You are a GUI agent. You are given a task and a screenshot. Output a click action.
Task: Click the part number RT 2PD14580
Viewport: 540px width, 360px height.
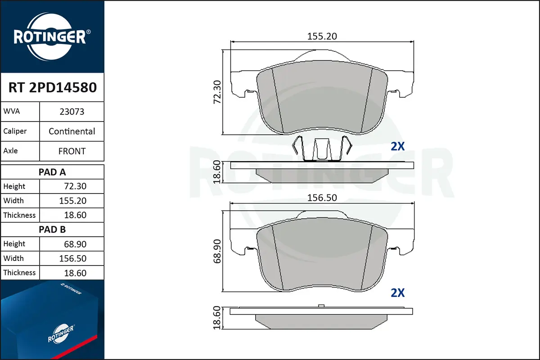click(x=53, y=87)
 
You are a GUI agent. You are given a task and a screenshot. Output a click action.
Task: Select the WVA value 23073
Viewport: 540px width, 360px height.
click(x=72, y=112)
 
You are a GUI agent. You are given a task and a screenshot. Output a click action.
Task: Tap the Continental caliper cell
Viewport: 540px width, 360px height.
click(x=72, y=131)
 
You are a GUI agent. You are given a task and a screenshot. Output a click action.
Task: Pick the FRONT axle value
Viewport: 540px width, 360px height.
click(x=72, y=151)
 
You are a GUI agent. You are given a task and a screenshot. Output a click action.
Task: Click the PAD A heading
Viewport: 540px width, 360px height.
click(x=52, y=172)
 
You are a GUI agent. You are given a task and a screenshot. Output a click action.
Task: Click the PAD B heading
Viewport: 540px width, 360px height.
click(x=52, y=229)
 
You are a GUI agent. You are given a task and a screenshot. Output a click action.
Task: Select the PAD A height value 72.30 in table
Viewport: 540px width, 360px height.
click(x=75, y=186)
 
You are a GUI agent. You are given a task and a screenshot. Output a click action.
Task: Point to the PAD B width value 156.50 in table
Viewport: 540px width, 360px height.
click(x=73, y=258)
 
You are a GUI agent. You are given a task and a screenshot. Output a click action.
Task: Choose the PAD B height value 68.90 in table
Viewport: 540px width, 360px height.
click(x=75, y=244)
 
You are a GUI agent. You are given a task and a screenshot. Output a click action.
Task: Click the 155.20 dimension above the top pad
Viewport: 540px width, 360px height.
click(x=322, y=36)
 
